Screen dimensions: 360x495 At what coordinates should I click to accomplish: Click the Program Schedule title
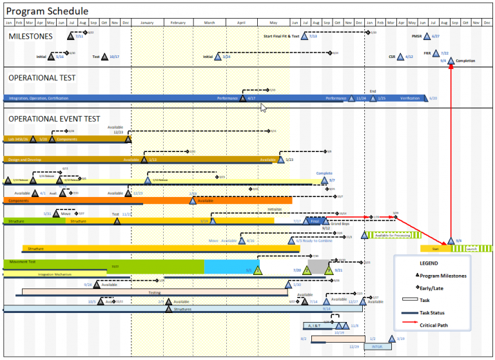(x=47, y=12)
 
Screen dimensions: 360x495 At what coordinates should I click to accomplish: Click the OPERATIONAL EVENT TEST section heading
(x=54, y=118)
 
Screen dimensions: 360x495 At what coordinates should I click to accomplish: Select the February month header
(x=178, y=23)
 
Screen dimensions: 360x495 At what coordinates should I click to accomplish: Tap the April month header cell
(x=241, y=23)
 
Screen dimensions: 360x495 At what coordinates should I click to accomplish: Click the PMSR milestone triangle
(x=427, y=37)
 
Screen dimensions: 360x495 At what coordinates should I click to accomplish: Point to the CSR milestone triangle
(x=400, y=57)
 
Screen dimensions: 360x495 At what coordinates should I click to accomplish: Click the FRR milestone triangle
(x=435, y=54)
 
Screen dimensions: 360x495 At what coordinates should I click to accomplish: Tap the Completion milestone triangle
(x=451, y=61)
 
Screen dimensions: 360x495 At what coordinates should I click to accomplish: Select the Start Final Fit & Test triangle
(x=305, y=37)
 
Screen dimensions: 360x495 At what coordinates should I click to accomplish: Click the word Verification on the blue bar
(x=410, y=99)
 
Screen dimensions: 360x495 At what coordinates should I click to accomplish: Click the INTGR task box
(x=376, y=346)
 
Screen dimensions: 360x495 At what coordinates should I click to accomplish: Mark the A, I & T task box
(x=316, y=326)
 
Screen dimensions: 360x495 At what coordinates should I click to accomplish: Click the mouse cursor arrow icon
(x=263, y=108)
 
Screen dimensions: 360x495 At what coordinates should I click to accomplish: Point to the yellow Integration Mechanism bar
(x=54, y=274)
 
